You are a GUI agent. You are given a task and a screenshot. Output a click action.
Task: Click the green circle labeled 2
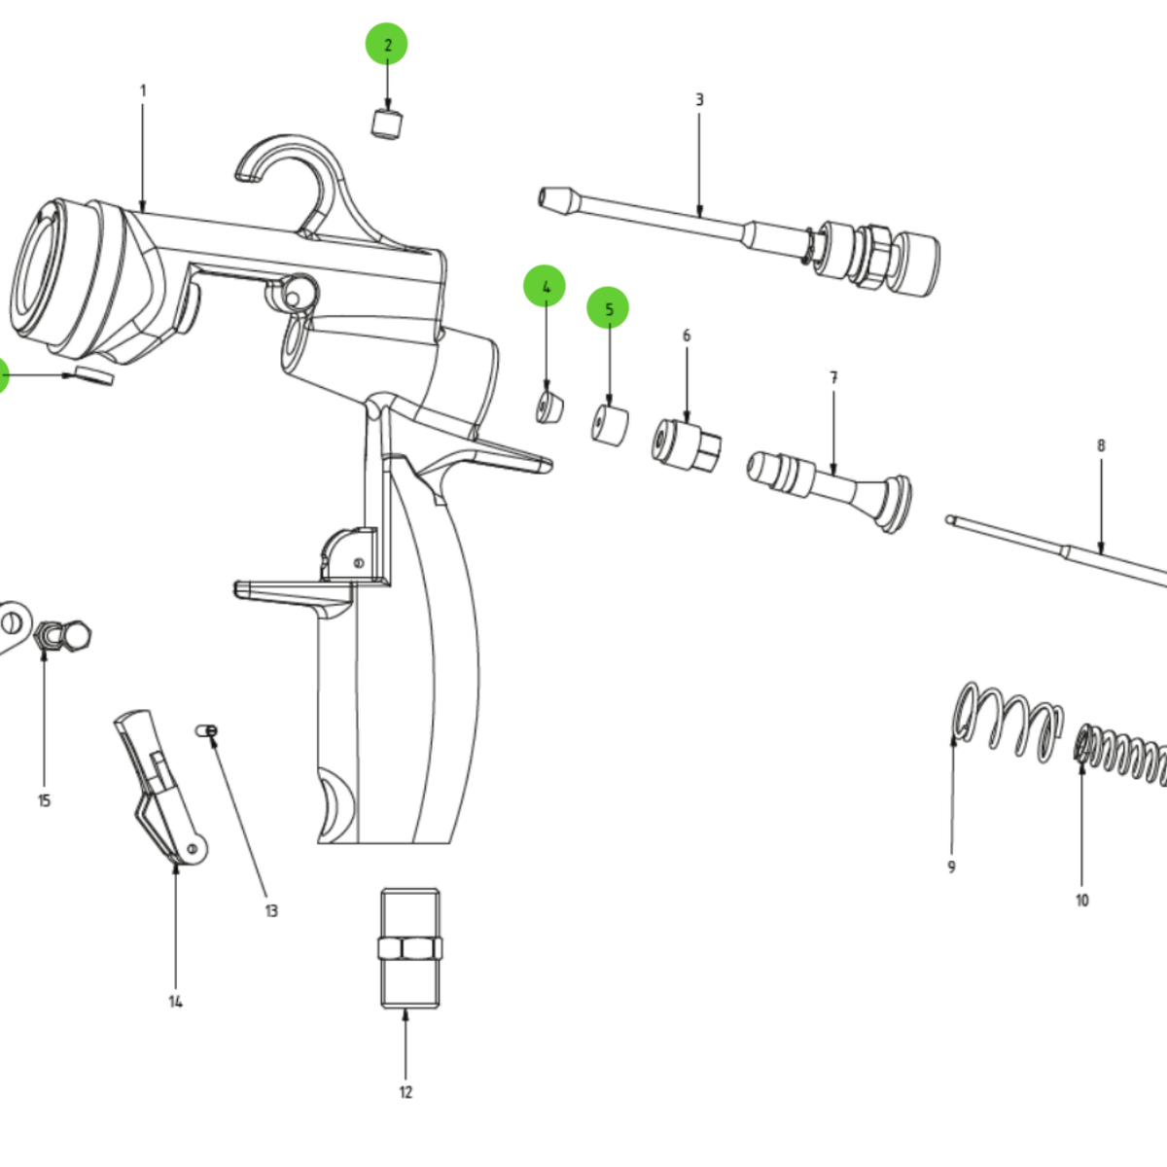click(386, 45)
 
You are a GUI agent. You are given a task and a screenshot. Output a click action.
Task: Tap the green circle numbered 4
click(545, 287)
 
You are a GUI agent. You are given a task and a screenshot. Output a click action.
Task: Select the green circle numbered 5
click(608, 309)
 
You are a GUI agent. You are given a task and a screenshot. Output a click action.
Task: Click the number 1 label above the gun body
click(143, 90)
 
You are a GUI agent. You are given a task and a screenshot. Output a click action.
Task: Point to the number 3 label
click(699, 99)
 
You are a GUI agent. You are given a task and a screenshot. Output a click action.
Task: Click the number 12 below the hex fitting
click(406, 1092)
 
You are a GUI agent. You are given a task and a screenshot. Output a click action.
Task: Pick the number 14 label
click(175, 1002)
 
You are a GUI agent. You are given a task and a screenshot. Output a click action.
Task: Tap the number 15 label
click(44, 800)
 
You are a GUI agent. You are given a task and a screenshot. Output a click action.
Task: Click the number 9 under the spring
click(951, 866)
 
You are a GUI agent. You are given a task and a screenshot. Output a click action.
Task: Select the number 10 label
click(1082, 901)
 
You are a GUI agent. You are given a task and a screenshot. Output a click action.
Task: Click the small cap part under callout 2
click(387, 124)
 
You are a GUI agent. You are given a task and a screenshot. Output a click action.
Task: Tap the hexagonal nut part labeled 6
click(687, 444)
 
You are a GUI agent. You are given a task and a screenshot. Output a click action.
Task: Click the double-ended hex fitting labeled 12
click(407, 948)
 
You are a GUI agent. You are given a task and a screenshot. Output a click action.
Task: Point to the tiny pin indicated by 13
click(207, 730)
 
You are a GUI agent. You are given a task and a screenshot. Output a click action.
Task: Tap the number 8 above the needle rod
click(1101, 445)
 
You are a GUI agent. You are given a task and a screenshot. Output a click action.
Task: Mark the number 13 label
click(271, 910)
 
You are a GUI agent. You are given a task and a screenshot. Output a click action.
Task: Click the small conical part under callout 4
click(550, 406)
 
